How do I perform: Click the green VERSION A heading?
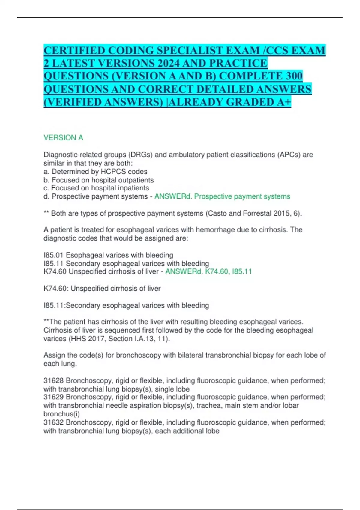point(63,138)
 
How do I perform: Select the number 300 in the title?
point(294,76)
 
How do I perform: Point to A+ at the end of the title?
point(284,102)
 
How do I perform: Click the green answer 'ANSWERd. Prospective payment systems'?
point(222,196)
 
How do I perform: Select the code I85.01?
point(54,255)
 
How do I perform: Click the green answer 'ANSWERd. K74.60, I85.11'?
point(208,272)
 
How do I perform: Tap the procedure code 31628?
point(54,381)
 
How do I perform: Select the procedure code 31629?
point(54,397)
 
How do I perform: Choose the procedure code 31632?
point(54,422)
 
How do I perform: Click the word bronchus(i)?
point(61,414)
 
